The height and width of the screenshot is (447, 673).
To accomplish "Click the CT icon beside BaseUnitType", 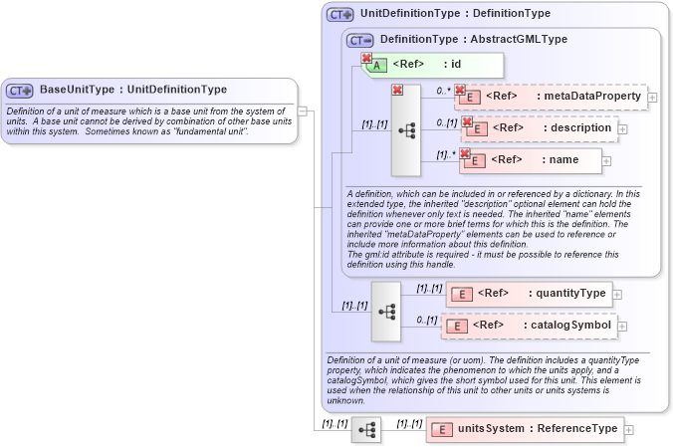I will pos(20,90).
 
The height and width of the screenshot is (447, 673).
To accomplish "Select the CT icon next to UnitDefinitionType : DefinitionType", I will pos(340,15).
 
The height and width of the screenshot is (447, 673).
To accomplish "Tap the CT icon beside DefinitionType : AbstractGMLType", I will pos(360,40).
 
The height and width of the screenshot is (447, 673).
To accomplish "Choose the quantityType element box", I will pos(527,294).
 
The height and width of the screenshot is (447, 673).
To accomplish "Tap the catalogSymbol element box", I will pos(528,326).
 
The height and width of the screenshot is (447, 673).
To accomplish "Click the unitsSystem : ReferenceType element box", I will pos(524,429).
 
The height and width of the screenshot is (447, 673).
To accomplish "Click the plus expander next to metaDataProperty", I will pos(652,97).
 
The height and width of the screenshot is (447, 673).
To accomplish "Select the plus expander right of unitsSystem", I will pos(627,430).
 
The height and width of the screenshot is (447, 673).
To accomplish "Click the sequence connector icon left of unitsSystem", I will pos(366,430).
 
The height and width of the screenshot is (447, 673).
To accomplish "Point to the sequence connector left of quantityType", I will pos(386,310).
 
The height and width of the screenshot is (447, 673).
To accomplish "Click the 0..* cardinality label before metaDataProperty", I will pos(443,91).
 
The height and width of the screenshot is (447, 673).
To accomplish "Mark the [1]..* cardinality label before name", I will pos(445,153).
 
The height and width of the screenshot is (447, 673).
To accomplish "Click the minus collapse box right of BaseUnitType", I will pos(303,112).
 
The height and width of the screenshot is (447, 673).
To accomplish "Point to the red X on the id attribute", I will pos(366,59).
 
